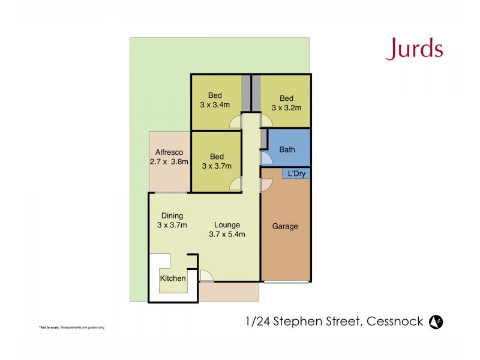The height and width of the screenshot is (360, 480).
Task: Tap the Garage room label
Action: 285,227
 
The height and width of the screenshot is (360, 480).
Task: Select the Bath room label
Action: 287,150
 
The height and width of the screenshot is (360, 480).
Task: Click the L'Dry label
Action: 296,174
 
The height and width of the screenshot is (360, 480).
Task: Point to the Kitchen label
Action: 172,278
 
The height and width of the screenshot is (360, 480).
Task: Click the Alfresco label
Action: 169,152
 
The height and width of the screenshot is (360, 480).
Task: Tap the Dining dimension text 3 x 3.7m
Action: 173,226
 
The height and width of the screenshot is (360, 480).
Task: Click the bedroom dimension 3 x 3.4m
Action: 215,104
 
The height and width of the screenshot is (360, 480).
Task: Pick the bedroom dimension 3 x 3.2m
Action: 286,108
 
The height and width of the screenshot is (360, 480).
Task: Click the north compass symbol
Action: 436,322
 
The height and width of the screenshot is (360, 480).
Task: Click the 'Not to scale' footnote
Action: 72,328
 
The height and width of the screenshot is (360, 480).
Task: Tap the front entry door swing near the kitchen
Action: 206,276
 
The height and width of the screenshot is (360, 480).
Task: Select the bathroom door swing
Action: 265,158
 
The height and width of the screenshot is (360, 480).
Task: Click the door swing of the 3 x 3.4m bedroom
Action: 236,122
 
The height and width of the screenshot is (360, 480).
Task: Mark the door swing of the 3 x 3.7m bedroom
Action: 236,185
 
